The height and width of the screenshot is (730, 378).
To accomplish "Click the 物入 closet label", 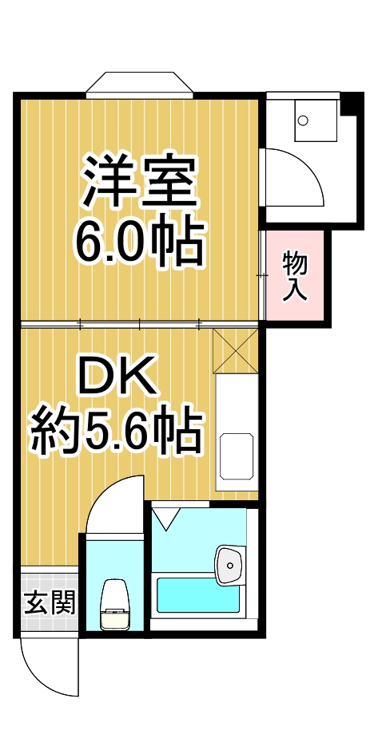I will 296,275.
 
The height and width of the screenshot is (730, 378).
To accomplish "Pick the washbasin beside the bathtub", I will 229,566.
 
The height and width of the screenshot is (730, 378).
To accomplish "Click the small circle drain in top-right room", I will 302,121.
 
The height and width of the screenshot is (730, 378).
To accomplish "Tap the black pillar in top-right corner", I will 350,105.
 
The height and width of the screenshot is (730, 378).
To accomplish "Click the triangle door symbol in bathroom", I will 167,519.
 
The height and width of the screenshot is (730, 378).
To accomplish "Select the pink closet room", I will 296,276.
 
